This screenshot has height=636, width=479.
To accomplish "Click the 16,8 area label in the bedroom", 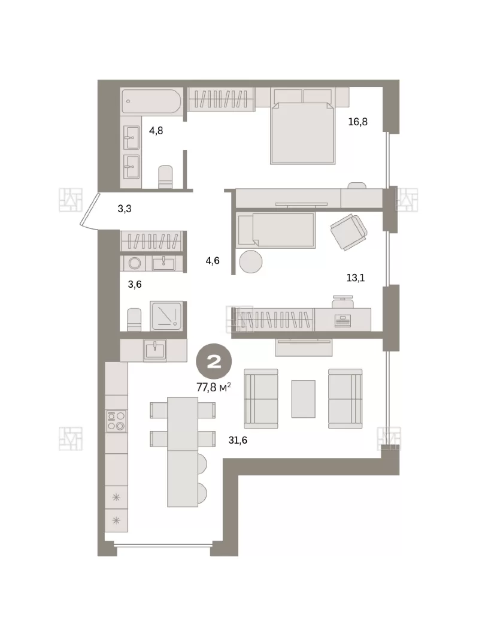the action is pos(358,122).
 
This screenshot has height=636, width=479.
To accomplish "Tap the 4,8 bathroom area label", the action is pos(156,131).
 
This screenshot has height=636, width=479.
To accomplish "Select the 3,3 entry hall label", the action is pos(125,209).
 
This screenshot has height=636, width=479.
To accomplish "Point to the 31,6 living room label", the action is pos(238,440).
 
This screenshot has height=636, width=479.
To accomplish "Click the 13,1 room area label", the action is pos(356,278).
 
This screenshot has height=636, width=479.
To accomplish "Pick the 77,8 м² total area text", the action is pos(214,387).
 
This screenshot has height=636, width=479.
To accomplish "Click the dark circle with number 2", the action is pos(214,362).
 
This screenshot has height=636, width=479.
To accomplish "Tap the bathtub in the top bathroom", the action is pos(151,101).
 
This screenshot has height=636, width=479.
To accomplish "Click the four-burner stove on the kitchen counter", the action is pos(116,421).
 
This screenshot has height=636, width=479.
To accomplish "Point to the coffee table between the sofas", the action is pos(303,399).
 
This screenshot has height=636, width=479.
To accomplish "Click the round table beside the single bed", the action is pos(251,261).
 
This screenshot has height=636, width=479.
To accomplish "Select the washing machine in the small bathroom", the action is pos(135,263).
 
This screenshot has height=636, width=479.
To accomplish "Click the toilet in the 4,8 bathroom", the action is pos(165,177).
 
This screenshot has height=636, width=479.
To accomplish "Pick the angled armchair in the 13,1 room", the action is pos(349,232).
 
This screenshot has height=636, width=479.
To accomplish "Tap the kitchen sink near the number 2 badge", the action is pos(155,349).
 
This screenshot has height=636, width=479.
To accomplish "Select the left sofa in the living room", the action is pos(261,399).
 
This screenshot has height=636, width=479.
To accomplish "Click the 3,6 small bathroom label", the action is pos(135,284).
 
